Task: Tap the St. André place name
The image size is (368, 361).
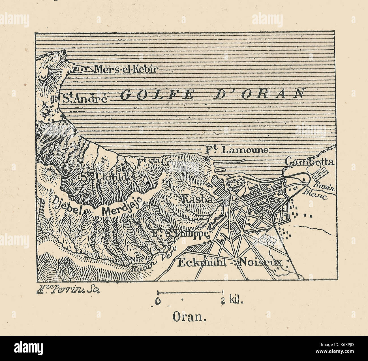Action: click(84, 99)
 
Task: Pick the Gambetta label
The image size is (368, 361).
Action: click(310, 162)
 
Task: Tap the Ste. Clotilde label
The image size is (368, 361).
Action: click(107, 177)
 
